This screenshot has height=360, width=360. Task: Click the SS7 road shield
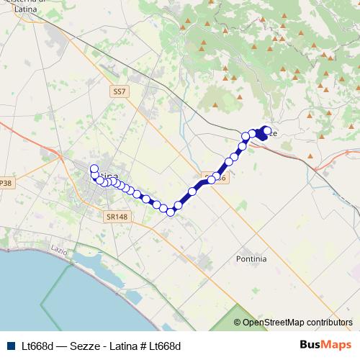point(120,92)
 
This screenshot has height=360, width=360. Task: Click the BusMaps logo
point(325,346)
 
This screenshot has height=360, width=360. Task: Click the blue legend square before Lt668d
point(11,346)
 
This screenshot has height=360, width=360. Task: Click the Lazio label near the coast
point(58,249)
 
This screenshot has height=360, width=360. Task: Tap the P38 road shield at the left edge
point(6,184)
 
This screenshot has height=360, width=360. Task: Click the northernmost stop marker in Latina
point(94,169)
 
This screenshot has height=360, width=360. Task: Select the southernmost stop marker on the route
point(171,212)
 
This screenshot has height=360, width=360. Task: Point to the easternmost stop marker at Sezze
point(267,130)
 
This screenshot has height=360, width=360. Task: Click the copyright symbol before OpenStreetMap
point(238,323)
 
